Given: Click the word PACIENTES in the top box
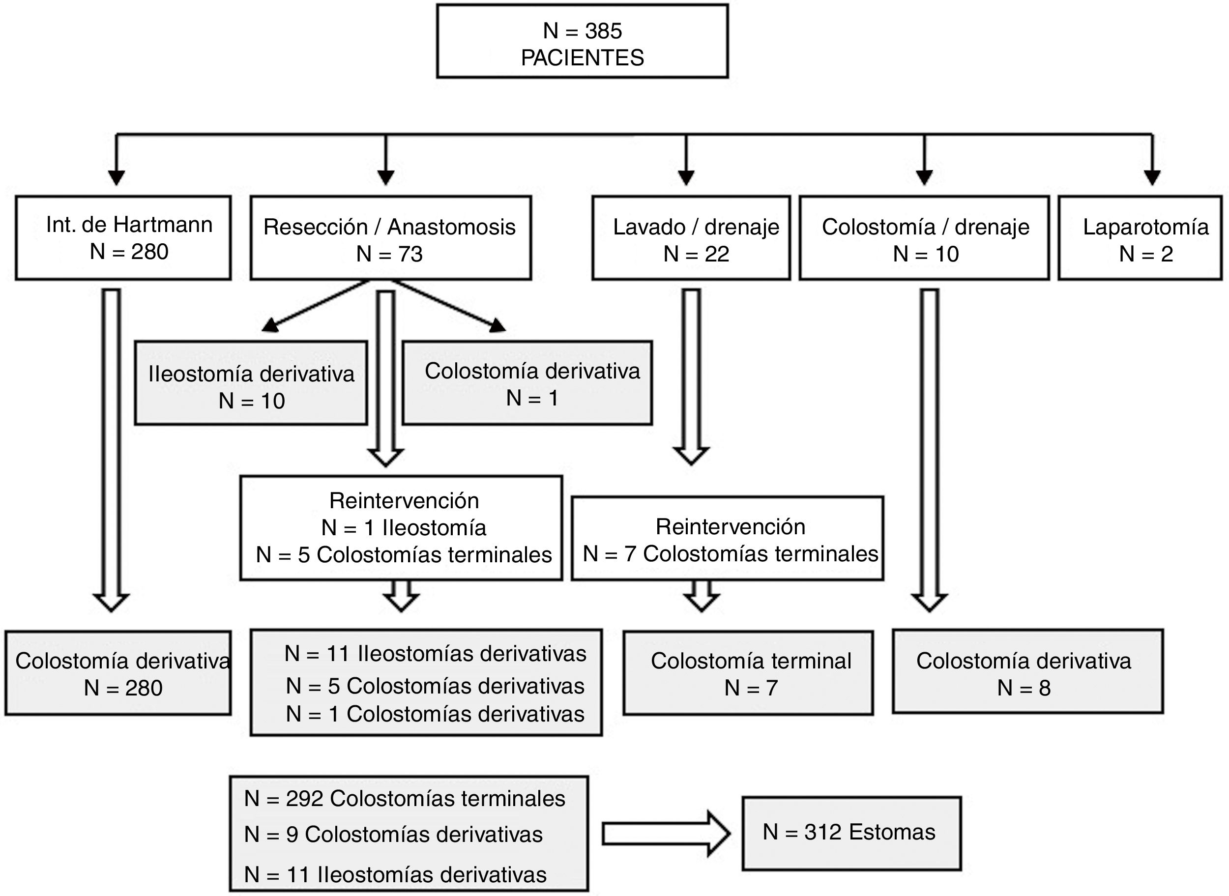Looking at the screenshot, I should click(x=582, y=58).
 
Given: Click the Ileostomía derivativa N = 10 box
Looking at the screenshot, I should click(x=251, y=383).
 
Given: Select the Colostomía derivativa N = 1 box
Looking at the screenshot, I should click(x=527, y=383).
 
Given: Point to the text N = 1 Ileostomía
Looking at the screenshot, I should click(x=404, y=528).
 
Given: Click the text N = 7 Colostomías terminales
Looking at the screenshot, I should click(x=730, y=554).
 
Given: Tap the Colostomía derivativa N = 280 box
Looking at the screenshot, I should click(x=118, y=673).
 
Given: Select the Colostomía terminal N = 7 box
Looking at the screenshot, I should click(x=749, y=673).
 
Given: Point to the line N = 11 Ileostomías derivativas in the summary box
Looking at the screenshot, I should click(x=395, y=875).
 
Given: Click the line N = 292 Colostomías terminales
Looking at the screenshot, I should click(x=405, y=799).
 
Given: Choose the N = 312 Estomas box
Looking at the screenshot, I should click(x=851, y=833).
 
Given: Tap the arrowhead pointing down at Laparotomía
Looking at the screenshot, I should click(x=1151, y=177).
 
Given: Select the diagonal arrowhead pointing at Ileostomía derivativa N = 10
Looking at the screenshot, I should click(x=269, y=325).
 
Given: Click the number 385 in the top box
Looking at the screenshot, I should click(x=603, y=31).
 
